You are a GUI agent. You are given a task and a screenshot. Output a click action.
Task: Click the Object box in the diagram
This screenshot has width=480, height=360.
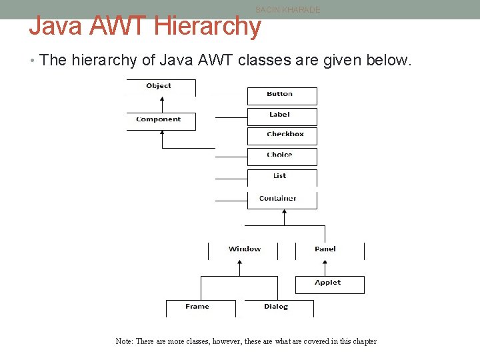160,87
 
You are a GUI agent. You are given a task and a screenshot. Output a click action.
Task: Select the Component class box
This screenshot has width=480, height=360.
160,120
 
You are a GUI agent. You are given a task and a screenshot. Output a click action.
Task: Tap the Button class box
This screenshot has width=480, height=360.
281,95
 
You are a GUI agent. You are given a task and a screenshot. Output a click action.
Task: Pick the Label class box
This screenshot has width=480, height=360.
281,116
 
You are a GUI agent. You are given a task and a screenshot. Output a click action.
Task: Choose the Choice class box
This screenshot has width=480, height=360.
281,156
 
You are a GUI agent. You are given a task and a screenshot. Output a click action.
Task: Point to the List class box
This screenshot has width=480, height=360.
281,177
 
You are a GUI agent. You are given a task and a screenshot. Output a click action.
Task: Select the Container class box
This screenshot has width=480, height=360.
280,199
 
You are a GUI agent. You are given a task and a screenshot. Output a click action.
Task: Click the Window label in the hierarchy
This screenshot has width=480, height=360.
244,249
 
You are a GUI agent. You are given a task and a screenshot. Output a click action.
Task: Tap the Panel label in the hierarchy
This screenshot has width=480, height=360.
325,249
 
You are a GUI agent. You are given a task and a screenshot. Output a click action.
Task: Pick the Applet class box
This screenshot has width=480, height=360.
329,284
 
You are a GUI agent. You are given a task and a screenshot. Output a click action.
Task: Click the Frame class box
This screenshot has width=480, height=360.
199,307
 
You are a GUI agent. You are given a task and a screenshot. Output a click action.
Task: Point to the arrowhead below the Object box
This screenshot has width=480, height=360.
161,102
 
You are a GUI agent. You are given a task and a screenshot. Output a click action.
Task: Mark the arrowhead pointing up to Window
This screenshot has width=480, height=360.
239,263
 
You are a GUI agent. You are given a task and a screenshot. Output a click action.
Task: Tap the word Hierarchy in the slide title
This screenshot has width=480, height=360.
207,26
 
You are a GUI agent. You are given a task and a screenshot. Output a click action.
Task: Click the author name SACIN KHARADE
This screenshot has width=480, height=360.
287,10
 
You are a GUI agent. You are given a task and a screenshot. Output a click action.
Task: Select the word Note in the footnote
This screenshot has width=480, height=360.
123,341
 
